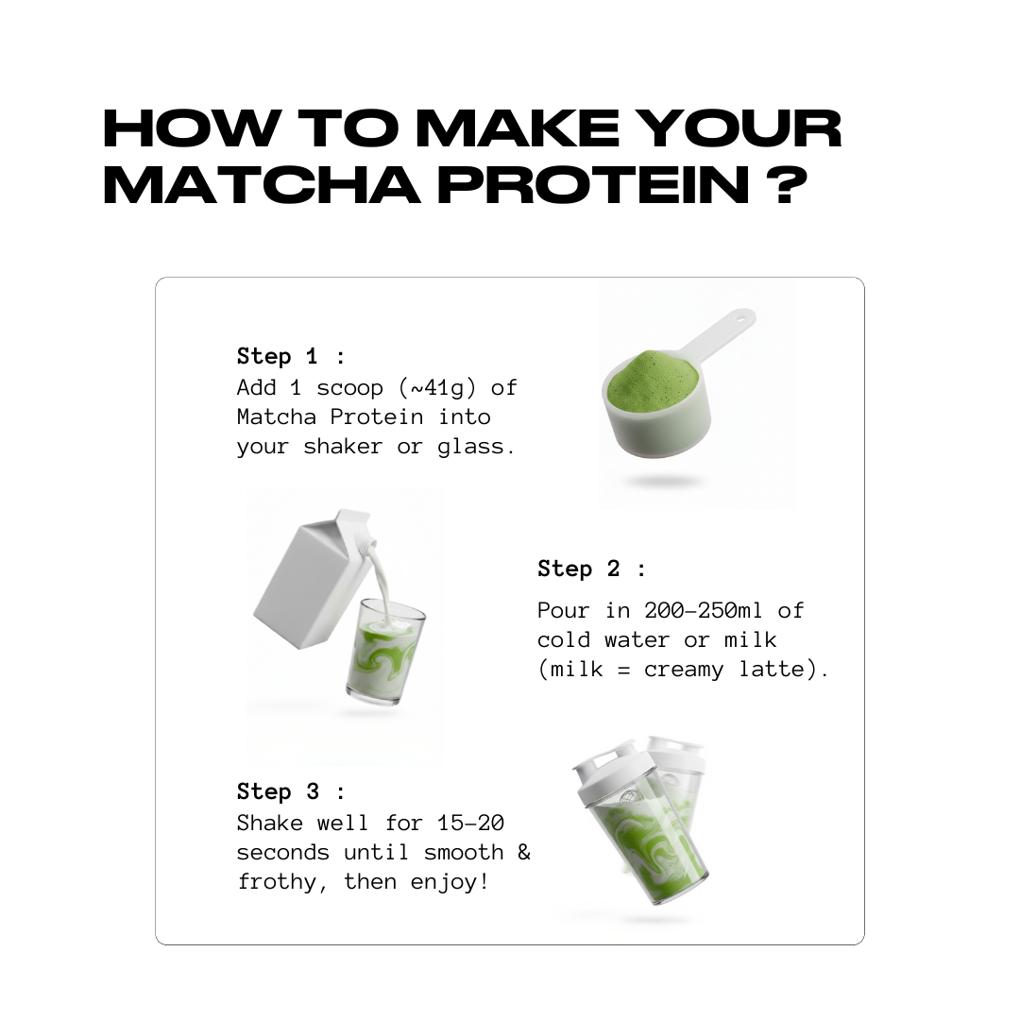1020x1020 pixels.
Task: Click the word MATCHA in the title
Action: tap(261, 184)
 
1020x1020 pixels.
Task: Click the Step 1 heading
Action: tap(291, 356)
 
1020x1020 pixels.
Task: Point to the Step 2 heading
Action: tap(591, 569)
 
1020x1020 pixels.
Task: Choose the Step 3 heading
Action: tap(291, 791)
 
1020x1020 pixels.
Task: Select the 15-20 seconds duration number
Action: tap(470, 823)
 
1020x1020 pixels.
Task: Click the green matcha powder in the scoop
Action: tap(652, 380)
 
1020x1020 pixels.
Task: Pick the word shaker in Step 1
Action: tap(344, 447)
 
